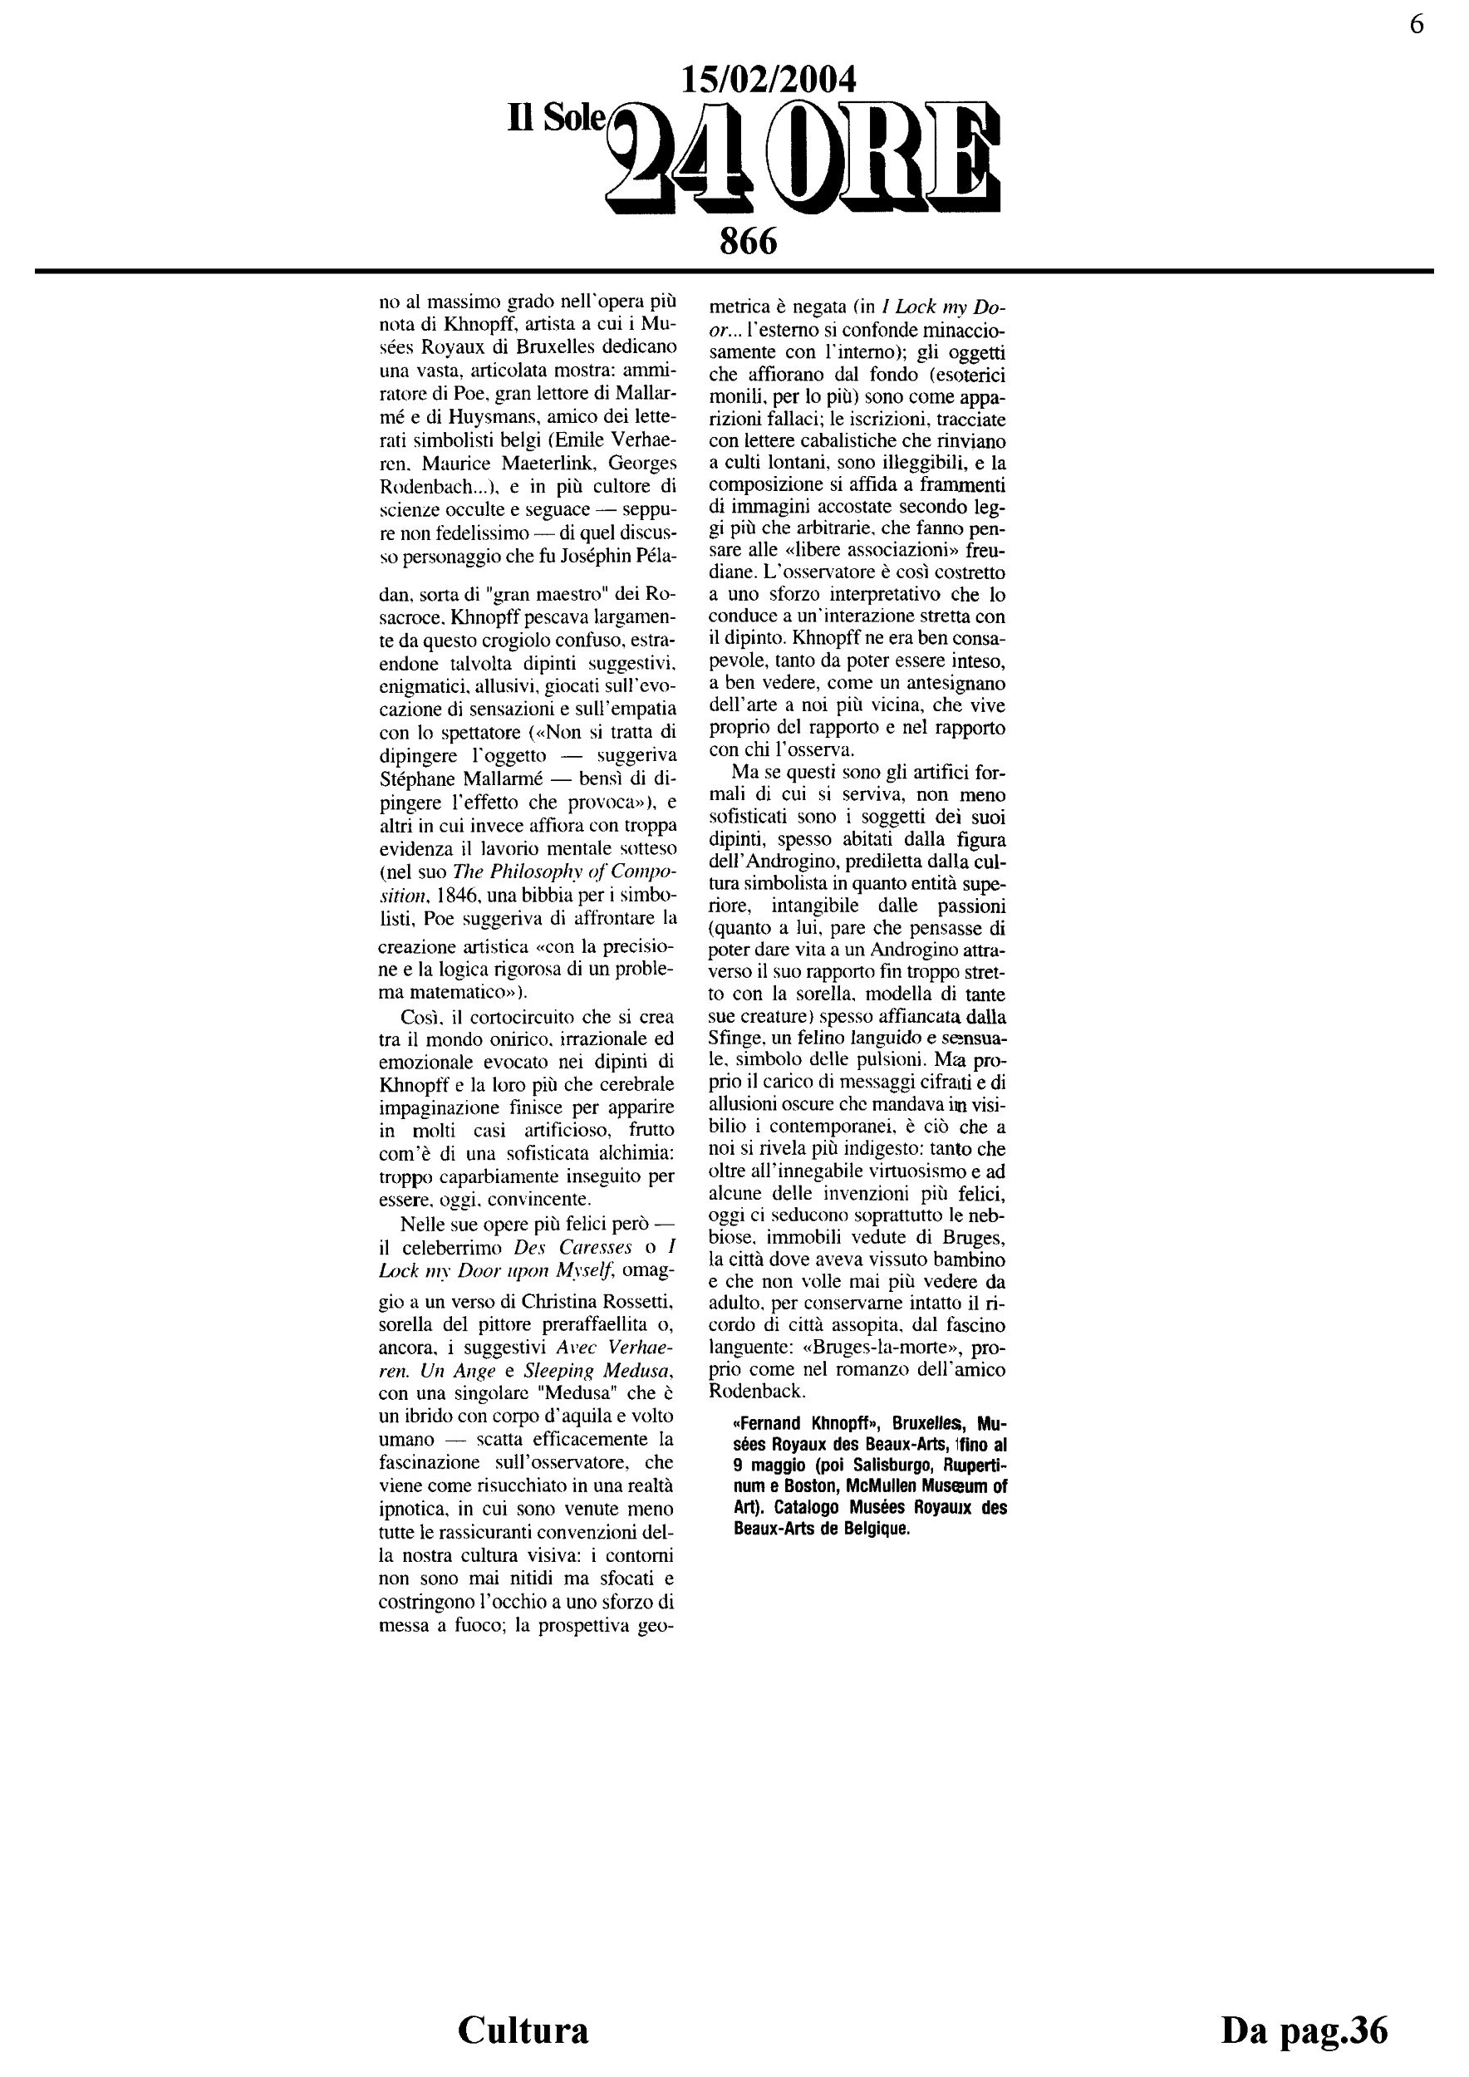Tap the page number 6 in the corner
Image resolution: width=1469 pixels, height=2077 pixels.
[1417, 24]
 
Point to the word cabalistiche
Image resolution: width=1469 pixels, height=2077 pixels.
[827, 441]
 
